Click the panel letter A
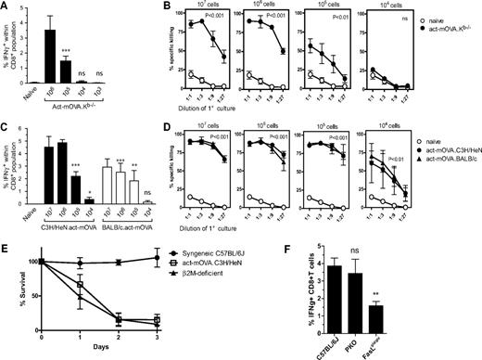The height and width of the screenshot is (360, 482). (x=6, y=7)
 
